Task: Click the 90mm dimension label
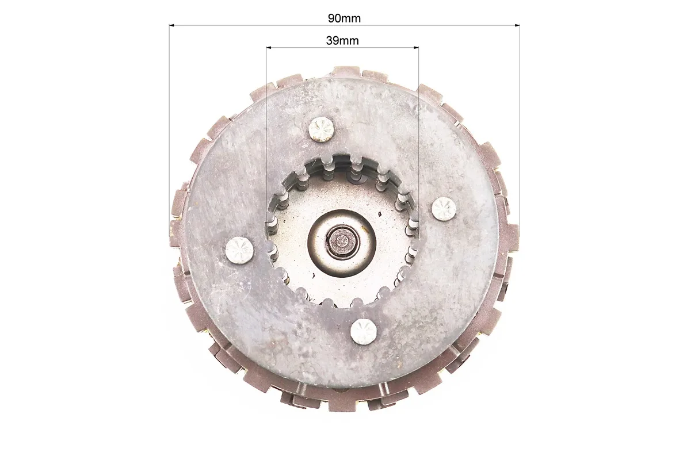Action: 344,18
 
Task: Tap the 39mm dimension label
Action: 342,41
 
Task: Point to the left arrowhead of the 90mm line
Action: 172,25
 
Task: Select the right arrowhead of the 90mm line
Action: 517,25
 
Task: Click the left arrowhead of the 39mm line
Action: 269,47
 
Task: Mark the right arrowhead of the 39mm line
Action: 415,47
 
